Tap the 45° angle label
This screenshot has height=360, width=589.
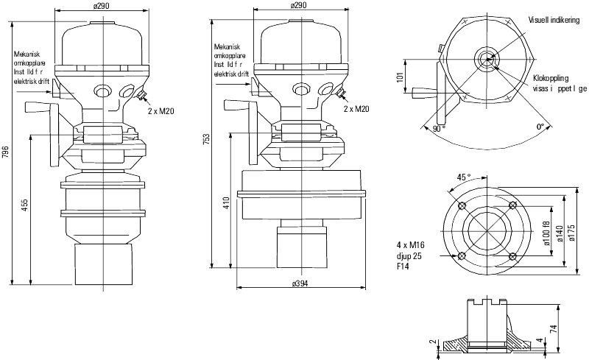(x=464, y=177)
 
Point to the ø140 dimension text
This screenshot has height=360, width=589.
(x=560, y=234)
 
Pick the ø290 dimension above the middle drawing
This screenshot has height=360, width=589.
(x=300, y=5)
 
